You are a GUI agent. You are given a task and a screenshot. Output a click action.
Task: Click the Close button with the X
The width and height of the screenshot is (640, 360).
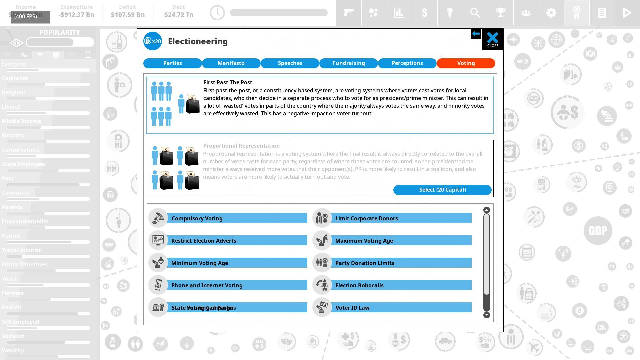click(x=492, y=39)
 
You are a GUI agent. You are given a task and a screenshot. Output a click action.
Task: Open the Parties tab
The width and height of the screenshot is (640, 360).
click(x=172, y=63)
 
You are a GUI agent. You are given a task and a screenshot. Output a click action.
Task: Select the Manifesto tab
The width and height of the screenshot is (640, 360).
click(x=231, y=63)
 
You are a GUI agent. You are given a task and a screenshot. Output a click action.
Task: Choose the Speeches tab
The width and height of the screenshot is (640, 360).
click(x=290, y=63)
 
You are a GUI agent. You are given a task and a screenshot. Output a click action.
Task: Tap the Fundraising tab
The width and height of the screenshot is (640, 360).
click(x=349, y=63)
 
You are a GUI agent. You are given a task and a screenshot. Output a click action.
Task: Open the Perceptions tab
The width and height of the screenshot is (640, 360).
click(x=407, y=63)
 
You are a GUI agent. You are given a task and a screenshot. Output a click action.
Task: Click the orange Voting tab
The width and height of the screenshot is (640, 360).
click(x=466, y=63)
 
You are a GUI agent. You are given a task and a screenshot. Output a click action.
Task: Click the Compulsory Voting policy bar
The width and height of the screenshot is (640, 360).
click(x=237, y=218)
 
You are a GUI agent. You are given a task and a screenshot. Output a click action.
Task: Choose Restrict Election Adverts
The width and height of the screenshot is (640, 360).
click(x=237, y=241)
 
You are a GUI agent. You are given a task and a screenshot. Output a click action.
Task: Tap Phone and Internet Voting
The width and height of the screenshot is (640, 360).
click(x=237, y=285)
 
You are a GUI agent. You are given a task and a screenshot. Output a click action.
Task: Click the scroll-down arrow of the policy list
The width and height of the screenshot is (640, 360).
click(x=487, y=315)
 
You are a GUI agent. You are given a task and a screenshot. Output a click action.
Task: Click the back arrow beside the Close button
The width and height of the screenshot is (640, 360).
click(x=476, y=34)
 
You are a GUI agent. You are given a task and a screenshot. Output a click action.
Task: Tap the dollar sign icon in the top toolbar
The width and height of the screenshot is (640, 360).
click(x=424, y=13)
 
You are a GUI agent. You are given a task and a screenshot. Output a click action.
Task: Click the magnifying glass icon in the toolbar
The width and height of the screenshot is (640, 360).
click(x=475, y=13)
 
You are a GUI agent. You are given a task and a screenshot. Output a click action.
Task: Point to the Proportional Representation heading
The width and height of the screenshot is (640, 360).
click(x=241, y=146)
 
